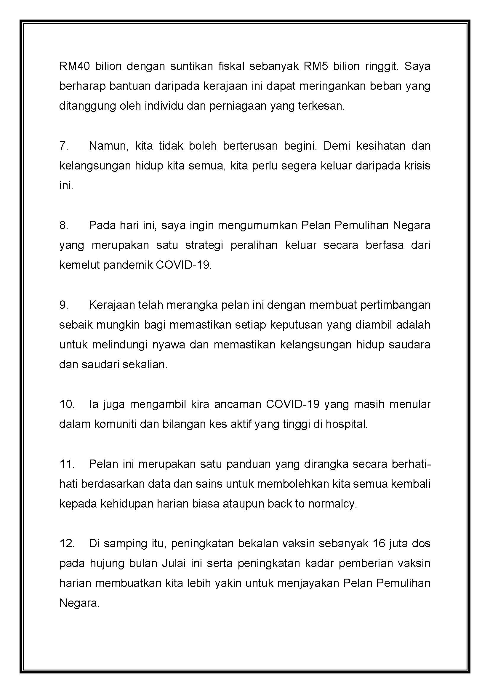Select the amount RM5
314,66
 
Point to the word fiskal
231,66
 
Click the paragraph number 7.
63,146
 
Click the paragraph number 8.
63,225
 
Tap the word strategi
204,245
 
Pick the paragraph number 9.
63,305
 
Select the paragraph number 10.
67,404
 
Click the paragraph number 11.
67,464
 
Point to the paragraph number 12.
67,544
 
